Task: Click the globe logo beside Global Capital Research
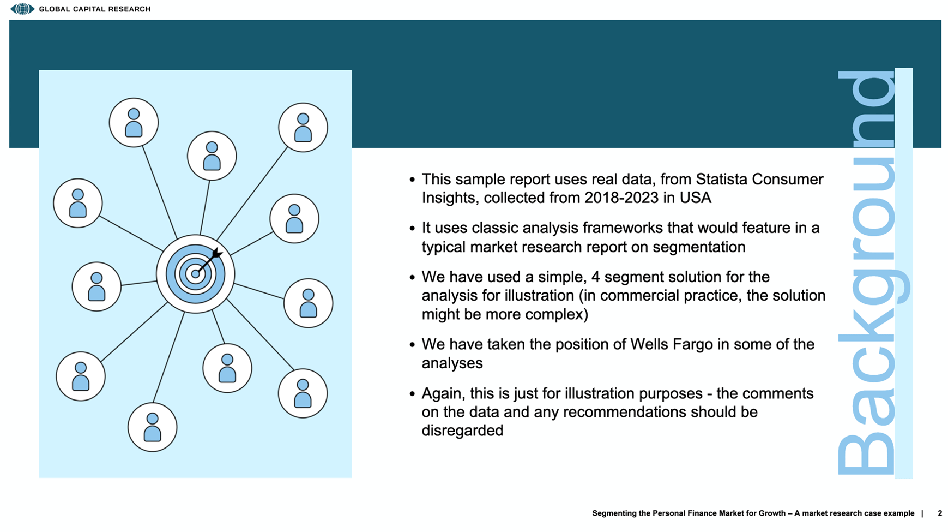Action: [22, 9]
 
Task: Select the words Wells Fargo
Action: [672, 344]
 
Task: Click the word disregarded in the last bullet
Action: [462, 431]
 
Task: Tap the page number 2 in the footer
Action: [939, 513]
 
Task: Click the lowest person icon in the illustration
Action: [152, 427]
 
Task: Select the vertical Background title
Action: [867, 273]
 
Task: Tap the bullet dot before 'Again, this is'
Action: [412, 393]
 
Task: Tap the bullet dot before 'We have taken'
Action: [412, 345]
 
